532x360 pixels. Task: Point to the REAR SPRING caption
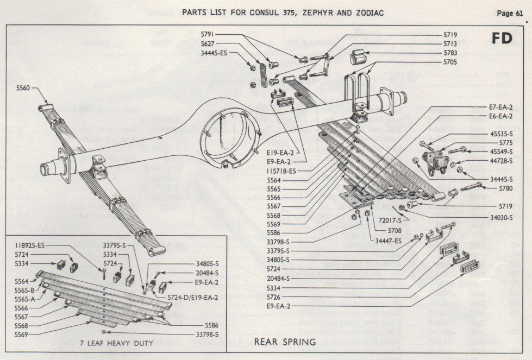(285, 342)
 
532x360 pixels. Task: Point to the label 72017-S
(390, 220)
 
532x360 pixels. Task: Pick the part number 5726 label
(275, 297)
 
